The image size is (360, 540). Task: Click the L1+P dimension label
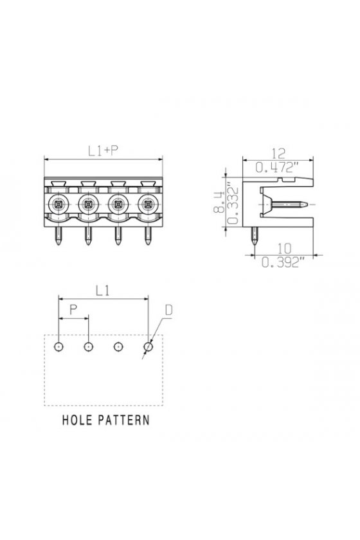click(103, 151)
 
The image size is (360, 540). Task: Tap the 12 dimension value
click(278, 154)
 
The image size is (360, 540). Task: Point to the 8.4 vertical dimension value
click(219, 203)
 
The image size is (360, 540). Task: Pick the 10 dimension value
click(284, 248)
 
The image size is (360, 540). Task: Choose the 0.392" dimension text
click(283, 262)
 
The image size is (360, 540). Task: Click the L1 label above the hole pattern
click(102, 291)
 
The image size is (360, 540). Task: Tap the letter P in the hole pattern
click(73, 310)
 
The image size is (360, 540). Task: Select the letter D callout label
click(169, 310)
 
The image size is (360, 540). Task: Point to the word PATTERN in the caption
click(123, 420)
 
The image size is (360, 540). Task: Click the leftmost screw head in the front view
click(59, 204)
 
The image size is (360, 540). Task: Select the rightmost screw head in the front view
click(148, 204)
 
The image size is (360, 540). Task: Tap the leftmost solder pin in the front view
click(59, 236)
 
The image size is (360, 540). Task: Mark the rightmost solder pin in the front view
click(148, 236)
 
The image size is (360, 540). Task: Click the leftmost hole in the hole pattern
click(59, 346)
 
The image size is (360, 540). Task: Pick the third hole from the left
click(118, 346)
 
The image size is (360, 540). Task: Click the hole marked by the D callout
click(148, 346)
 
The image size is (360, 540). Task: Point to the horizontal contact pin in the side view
click(289, 204)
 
